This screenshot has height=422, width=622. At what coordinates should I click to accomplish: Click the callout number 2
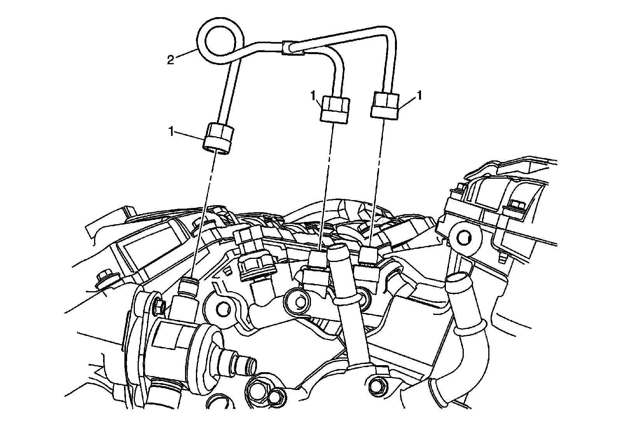point(170,60)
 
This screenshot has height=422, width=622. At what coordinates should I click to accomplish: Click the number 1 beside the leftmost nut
point(170,132)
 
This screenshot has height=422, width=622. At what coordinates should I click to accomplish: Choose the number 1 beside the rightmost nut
point(419,96)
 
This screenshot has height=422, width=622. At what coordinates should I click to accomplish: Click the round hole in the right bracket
point(463,236)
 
